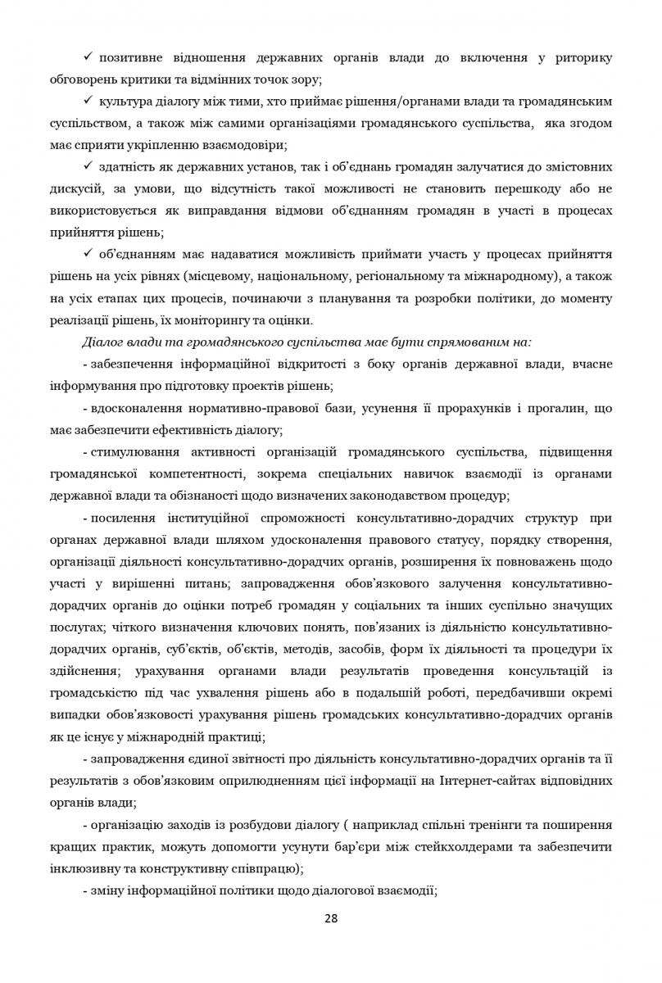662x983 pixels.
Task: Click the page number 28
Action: point(330,917)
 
